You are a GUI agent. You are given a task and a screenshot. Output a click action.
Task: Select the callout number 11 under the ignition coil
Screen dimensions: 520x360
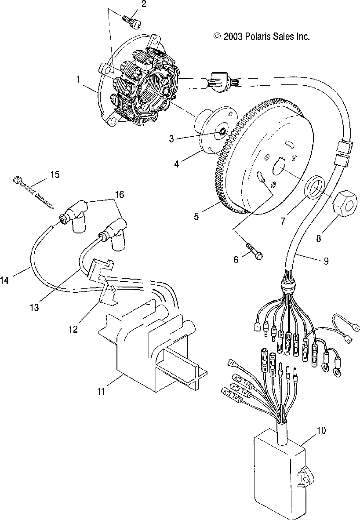click(x=101, y=391)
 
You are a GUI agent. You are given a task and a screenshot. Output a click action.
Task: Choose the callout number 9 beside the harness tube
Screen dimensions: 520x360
click(x=325, y=260)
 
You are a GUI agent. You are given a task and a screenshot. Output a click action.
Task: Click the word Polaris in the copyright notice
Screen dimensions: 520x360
click(x=254, y=37)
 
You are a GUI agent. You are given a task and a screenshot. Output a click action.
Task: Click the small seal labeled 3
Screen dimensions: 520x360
click(x=222, y=132)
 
